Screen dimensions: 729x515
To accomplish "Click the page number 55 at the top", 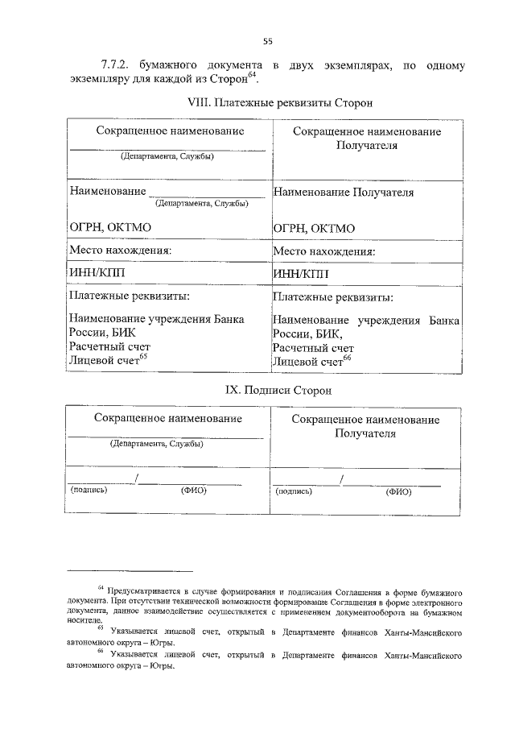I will coord(269,42).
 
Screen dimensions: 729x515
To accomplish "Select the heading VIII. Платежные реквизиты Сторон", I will coord(268,104).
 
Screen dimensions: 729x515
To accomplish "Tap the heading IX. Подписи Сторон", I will coord(266,390).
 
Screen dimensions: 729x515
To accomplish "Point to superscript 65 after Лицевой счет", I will coord(144,357).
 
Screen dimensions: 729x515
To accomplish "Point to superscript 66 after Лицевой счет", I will coord(348,357).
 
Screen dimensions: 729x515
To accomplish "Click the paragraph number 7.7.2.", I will coord(116,64).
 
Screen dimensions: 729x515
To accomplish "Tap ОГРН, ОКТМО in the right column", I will coord(314,229).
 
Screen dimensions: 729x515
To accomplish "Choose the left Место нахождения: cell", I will coord(121,251).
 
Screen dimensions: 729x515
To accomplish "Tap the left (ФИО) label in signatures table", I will coord(194,491).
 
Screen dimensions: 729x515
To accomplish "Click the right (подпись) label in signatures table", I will coord(294,491).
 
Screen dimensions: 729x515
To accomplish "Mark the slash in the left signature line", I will coord(138,481).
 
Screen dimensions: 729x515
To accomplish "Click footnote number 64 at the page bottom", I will coord(101,590).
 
